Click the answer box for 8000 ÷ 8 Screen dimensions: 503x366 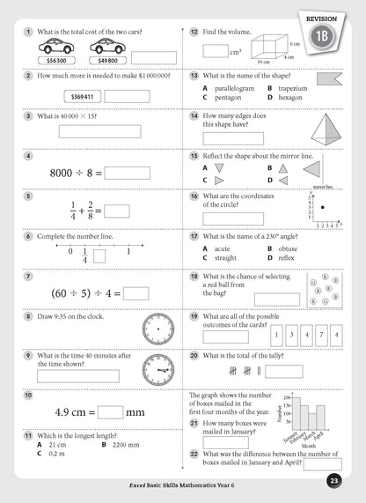pos(127,173)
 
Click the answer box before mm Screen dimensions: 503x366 pos(110,411)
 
